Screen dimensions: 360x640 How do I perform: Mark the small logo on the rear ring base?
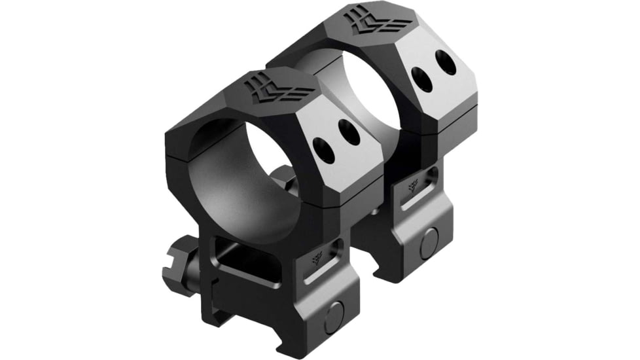413,185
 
